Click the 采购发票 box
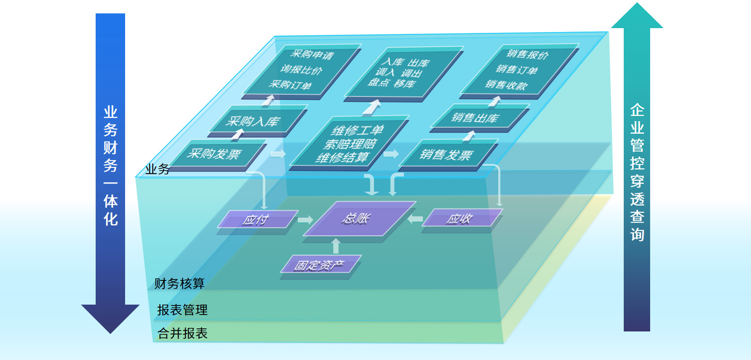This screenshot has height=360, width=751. (215, 154)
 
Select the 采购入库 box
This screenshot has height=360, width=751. (253, 121)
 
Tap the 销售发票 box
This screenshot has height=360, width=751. (446, 154)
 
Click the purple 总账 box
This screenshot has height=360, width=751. (357, 219)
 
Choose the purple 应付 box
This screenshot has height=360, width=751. (256, 219)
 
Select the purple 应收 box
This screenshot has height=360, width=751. (460, 219)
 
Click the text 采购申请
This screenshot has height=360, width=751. (312, 55)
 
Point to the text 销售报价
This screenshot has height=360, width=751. (528, 55)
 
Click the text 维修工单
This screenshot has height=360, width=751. (358, 130)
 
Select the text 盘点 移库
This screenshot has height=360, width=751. (392, 83)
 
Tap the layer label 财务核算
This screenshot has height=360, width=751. (179, 283)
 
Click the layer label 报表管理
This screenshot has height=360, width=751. (182, 310)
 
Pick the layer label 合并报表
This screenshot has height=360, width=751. (182, 333)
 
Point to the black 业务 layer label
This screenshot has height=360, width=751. (157, 169)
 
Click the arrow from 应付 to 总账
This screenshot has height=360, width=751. (305, 220)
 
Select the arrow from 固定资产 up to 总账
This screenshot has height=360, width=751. (335, 246)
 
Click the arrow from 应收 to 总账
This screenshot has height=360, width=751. (415, 219)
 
